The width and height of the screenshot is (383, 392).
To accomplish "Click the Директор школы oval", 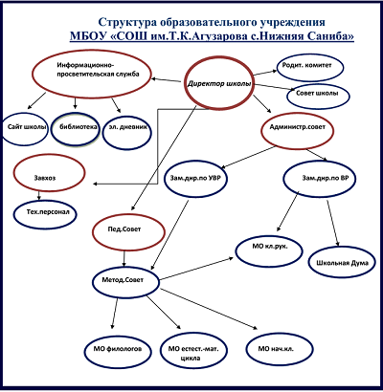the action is [x=219, y=83].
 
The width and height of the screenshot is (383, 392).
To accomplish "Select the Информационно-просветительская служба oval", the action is [x=91, y=73].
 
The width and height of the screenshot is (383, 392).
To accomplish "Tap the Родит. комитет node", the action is [x=310, y=68].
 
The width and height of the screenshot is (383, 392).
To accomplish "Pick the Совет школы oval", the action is [x=318, y=95].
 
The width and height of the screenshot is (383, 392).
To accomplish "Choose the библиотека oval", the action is [x=76, y=129].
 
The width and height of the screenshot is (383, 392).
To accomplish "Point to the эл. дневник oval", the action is [x=127, y=130].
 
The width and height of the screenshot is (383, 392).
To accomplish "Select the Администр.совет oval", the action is [x=298, y=130].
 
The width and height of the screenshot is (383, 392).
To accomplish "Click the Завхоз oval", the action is [x=49, y=174].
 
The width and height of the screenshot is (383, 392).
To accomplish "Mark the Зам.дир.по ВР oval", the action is [x=320, y=180].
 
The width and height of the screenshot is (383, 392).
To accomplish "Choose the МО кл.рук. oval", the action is [x=269, y=250].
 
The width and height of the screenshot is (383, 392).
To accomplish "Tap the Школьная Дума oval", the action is [x=342, y=263].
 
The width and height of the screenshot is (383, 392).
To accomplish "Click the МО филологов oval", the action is [x=118, y=351].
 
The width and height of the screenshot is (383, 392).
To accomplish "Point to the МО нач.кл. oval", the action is [x=280, y=350].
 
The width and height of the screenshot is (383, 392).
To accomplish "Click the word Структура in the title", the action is [x=126, y=23].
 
